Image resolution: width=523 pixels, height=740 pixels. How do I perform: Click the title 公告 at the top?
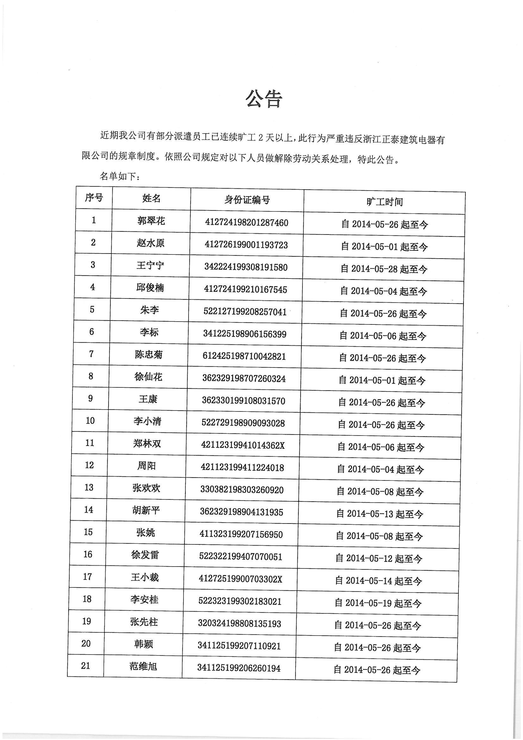pyautogui.click(x=264, y=99)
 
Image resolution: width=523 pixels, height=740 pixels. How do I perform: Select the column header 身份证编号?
pyautogui.click(x=247, y=200)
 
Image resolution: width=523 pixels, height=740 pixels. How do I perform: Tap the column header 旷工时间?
pyautogui.click(x=384, y=202)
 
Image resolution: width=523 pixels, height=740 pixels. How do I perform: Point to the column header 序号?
pyautogui.click(x=94, y=198)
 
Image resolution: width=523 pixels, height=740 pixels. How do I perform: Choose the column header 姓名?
pyautogui.click(x=151, y=198)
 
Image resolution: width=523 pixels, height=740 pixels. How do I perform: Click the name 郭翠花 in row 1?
pyautogui.click(x=151, y=221)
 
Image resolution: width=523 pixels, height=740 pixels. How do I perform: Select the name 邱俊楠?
pyautogui.click(x=150, y=287)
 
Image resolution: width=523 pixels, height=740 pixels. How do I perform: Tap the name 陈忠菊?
pyautogui.click(x=149, y=354)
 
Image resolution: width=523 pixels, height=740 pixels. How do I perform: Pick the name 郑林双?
pyautogui.click(x=147, y=444)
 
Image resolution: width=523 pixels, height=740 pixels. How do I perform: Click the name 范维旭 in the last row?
pyautogui.click(x=143, y=666)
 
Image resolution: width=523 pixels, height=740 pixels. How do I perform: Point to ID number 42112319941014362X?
pyautogui.click(x=243, y=445)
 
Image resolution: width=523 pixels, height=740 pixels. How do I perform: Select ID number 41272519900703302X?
pyautogui.click(x=240, y=579)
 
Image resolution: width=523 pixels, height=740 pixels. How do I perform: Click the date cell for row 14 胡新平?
pyautogui.click(x=379, y=514)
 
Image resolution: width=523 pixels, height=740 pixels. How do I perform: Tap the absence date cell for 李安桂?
pyautogui.click(x=378, y=603)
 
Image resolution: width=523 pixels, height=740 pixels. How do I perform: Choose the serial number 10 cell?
pyautogui.click(x=90, y=421)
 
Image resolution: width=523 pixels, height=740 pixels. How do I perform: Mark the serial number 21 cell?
pyautogui.click(x=85, y=666)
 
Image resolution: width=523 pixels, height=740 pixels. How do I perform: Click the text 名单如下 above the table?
pyautogui.click(x=120, y=177)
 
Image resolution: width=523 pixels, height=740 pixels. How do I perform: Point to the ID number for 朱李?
pyautogui.click(x=245, y=312)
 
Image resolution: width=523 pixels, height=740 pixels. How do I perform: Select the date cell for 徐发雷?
pyautogui.click(x=379, y=558)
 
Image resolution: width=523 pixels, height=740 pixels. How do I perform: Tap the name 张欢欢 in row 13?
pyautogui.click(x=146, y=488)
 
